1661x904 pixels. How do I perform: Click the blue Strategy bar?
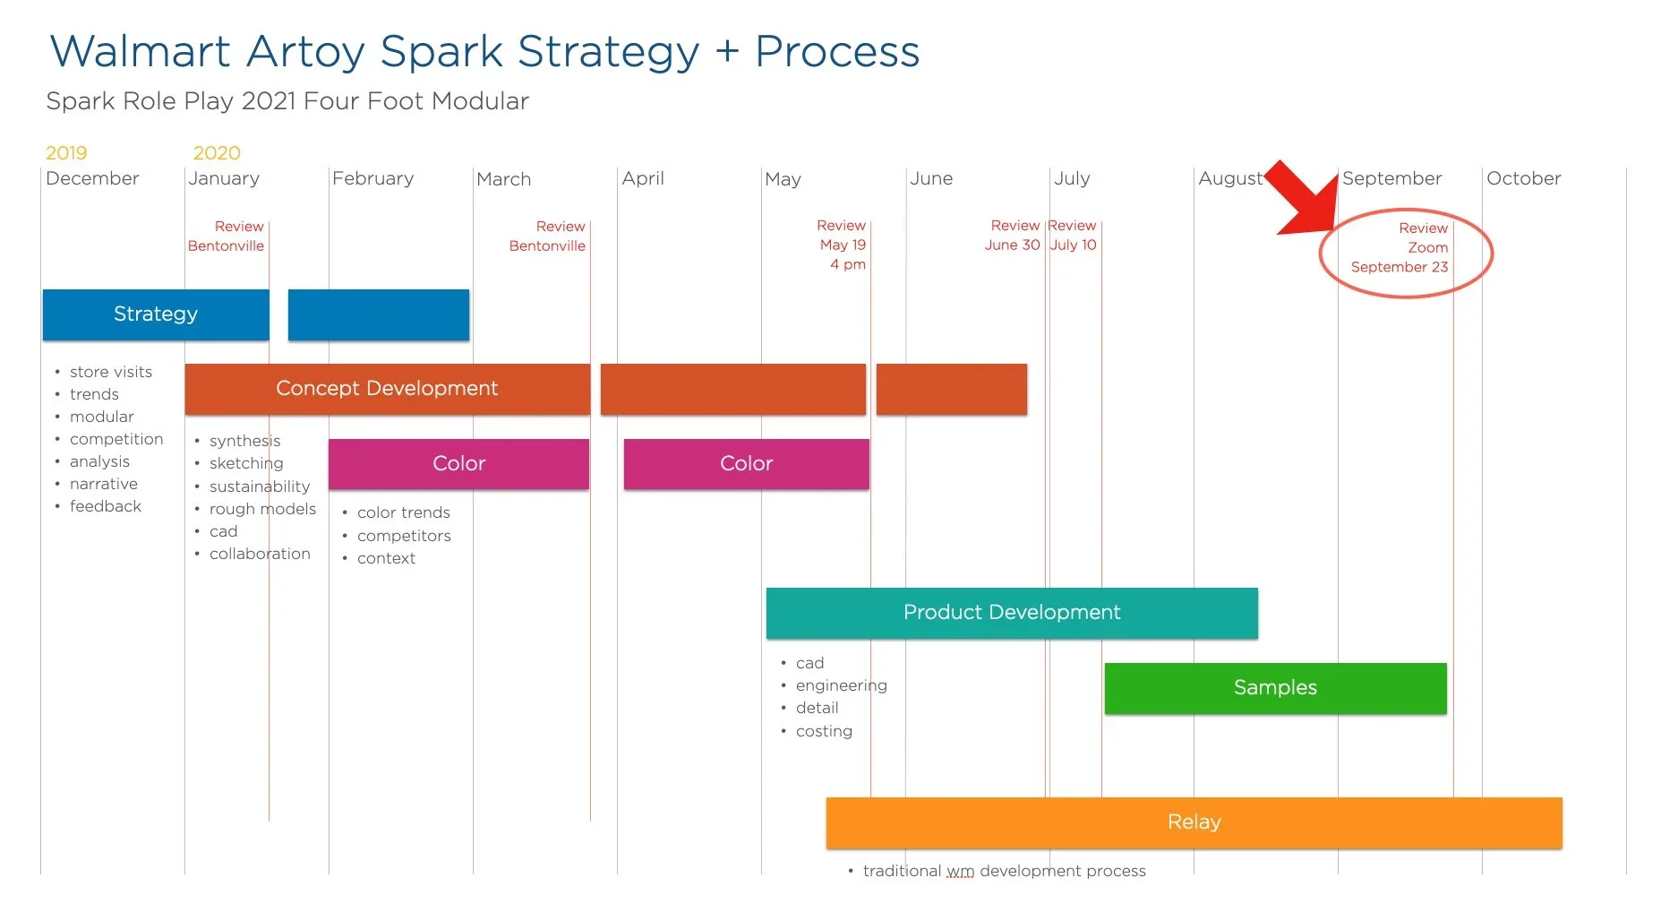156,314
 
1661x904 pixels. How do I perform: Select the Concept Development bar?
387,389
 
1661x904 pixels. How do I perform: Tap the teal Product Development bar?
1012,613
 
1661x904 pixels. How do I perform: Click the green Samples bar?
1275,688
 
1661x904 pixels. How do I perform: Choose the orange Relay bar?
1194,822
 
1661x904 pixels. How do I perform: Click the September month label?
1391,178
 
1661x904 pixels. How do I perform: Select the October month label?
1523,178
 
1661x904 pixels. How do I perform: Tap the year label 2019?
66,153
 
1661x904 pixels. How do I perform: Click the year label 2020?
217,153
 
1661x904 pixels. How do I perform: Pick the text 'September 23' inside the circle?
1399,267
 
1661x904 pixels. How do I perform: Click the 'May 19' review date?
843,245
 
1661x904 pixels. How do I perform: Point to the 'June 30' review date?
1012,245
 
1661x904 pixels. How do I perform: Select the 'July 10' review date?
1073,245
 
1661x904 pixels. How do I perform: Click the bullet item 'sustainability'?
260,486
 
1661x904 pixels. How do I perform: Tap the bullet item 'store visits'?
111,372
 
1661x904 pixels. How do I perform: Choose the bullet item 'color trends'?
403,512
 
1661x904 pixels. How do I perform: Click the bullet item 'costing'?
824,731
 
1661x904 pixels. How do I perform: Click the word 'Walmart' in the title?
140,51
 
